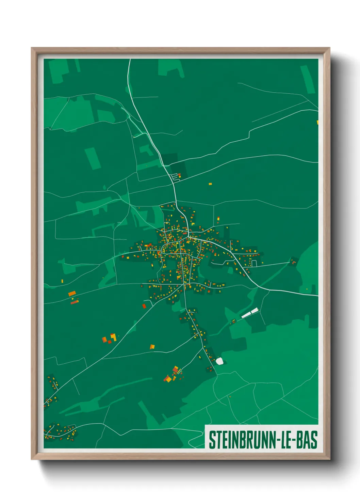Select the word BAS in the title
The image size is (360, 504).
click(307, 440)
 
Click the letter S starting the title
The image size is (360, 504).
click(212, 440)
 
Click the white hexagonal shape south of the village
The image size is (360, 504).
click(219, 361)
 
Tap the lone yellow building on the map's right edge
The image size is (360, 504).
click(317, 122)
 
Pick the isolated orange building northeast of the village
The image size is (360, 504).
click(210, 184)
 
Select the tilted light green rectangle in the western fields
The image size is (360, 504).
click(93, 158)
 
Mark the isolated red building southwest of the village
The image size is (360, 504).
click(144, 306)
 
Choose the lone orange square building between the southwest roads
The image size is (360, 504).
click(152, 347)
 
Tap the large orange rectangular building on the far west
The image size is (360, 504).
click(72, 293)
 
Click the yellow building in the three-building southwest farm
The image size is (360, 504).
click(113, 337)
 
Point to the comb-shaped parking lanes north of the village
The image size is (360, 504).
click(176, 176)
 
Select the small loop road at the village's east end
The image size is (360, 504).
click(253, 263)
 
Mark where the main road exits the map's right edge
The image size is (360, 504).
click(317, 296)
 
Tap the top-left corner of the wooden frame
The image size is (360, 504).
click(32, 48)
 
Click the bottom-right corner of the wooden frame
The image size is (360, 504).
click(329, 459)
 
